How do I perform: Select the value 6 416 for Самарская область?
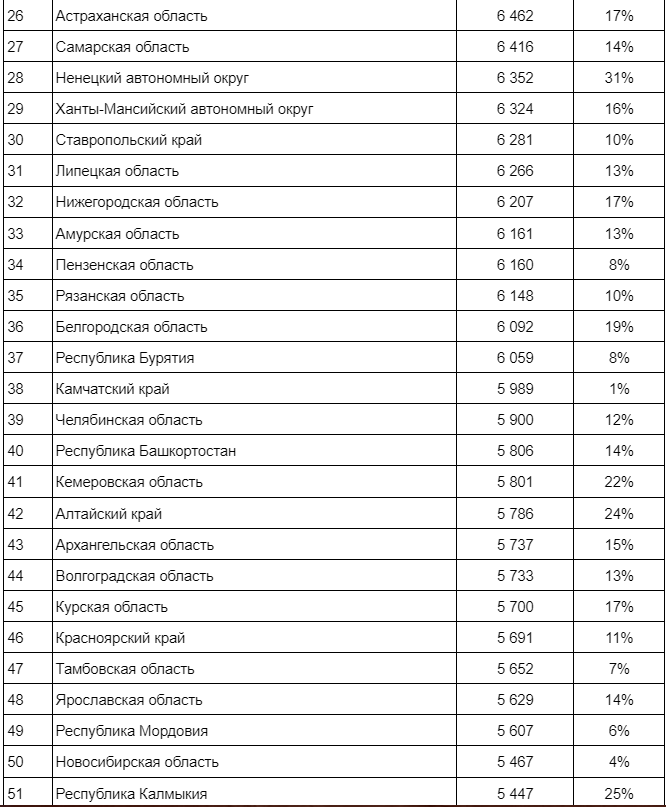[514, 47]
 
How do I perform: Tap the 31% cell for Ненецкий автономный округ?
[619, 78]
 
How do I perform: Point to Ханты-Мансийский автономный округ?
[185, 109]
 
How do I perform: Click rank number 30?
[15, 140]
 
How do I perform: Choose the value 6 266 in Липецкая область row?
[514, 171]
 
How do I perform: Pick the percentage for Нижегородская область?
[619, 202]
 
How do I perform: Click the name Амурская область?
[118, 234]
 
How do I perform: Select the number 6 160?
[514, 265]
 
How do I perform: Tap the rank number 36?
[15, 327]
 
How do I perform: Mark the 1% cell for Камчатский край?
[619, 389]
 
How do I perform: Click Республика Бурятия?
[125, 358]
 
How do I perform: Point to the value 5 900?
[514, 420]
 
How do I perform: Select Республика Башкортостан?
[146, 451]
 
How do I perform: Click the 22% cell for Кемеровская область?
[619, 482]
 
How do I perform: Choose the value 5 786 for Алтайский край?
[514, 514]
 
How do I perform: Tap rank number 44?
[15, 576]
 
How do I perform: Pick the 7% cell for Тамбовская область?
[619, 669]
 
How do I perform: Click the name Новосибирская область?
[137, 762]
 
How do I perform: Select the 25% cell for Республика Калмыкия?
[619, 794]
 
